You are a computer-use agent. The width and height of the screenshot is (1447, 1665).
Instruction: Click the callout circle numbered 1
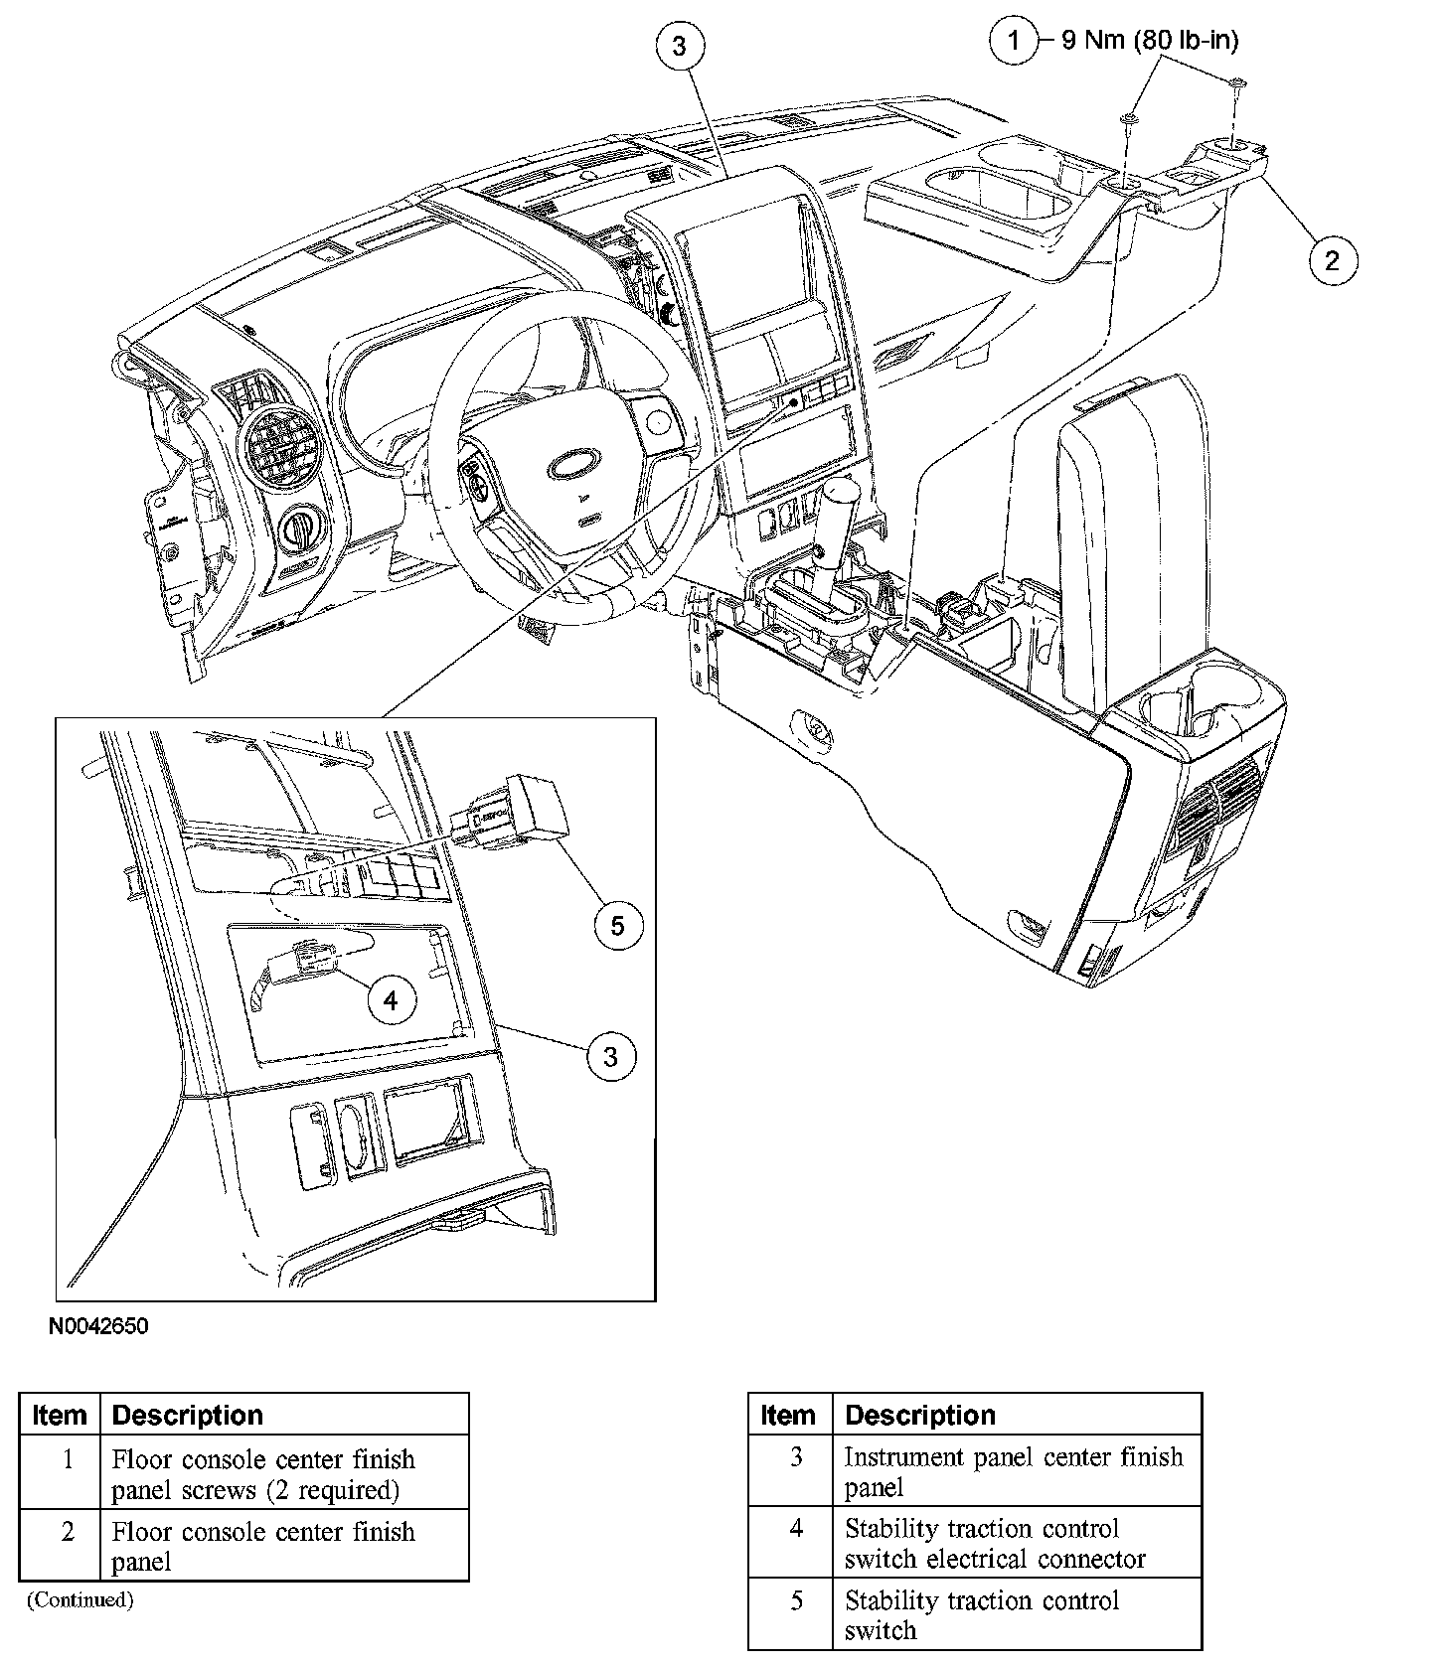pos(1013,42)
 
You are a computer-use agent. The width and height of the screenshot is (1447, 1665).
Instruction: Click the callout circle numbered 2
pos(1331,260)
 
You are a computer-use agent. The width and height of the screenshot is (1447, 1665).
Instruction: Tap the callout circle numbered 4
pos(391,1000)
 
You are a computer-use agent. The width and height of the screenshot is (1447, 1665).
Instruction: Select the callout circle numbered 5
pos(617,926)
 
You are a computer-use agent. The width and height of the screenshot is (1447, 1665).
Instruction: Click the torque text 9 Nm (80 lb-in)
pos(1150,41)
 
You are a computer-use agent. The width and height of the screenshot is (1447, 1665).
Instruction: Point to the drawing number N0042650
pos(97,1327)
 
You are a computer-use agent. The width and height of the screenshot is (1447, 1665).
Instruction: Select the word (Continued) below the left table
pos(80,1598)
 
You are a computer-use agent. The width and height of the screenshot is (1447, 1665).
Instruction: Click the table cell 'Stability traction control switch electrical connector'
pos(995,1543)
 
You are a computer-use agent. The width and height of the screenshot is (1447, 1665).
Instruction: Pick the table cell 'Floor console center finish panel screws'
pos(263,1474)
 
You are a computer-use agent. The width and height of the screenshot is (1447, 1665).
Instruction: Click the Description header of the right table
pos(919,1415)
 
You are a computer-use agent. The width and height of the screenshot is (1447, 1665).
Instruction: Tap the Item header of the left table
pos(60,1415)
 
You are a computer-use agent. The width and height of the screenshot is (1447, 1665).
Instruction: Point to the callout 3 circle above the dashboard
pos(680,46)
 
